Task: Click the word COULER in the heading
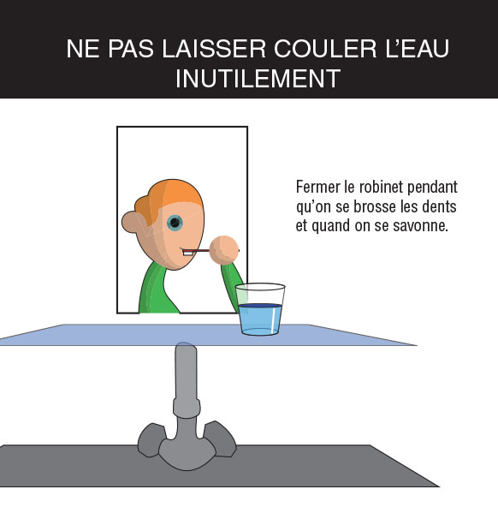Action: click(x=325, y=49)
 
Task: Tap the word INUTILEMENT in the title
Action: click(x=258, y=79)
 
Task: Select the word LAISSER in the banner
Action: click(x=214, y=49)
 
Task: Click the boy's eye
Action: click(x=175, y=223)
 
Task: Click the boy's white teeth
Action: click(x=187, y=253)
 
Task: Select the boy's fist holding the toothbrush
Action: click(x=223, y=250)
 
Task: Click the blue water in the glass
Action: click(x=260, y=319)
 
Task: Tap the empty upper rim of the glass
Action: click(x=260, y=287)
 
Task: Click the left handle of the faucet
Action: click(x=151, y=439)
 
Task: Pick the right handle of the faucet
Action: click(x=220, y=439)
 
